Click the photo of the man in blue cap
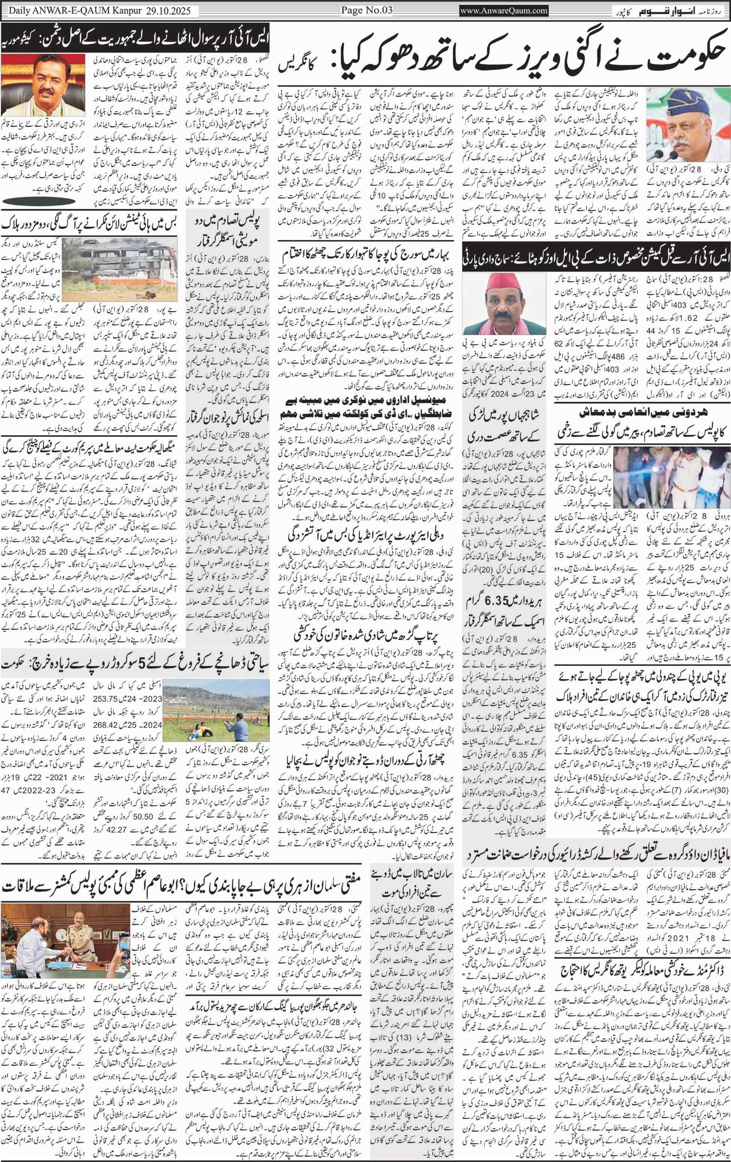tap(687, 125)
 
